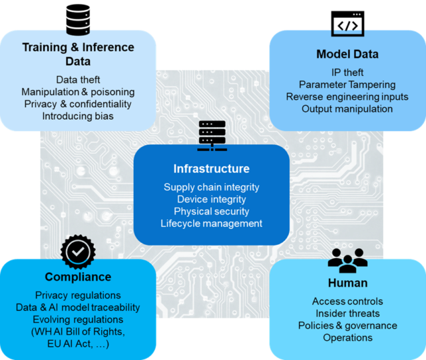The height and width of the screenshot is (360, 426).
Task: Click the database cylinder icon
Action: [x=78, y=20]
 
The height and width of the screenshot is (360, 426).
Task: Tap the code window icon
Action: [x=347, y=24]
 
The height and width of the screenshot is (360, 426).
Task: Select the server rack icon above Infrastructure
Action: [x=212, y=136]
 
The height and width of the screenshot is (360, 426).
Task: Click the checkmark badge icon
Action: [x=78, y=252]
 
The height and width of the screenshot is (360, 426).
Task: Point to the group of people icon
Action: [x=347, y=260]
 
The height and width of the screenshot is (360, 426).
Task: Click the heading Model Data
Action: [x=347, y=54]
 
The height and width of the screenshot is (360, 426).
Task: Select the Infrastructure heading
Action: [x=212, y=169]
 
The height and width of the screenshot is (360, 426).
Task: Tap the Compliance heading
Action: [x=78, y=277]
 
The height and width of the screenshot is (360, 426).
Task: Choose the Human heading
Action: [x=347, y=283]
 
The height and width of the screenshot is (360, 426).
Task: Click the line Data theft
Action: [x=78, y=80]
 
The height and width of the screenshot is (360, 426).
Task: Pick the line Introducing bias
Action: [x=78, y=116]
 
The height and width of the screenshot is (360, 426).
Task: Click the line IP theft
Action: [x=347, y=73]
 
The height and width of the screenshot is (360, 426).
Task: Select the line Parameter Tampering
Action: [x=347, y=85]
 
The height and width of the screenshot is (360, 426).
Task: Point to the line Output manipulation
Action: [x=347, y=109]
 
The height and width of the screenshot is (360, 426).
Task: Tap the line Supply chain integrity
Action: [x=212, y=187]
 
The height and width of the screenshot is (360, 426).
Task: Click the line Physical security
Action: [x=212, y=212]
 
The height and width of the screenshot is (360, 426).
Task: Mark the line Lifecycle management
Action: [x=212, y=224]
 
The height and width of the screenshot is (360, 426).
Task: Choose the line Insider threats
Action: [x=347, y=313]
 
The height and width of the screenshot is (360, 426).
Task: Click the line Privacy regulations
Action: [x=78, y=295]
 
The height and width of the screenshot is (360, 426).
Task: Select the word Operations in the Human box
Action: [x=347, y=338]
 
